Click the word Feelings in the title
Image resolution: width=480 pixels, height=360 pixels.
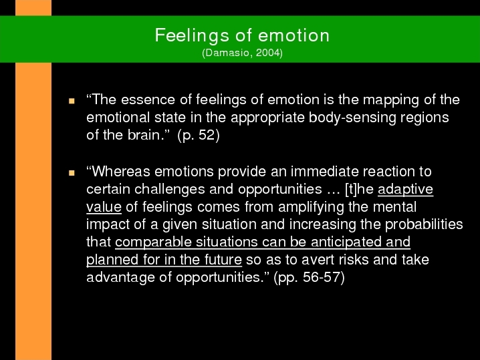[192, 36]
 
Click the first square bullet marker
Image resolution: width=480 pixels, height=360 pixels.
[72, 101]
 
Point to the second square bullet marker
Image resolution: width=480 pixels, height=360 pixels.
[72, 173]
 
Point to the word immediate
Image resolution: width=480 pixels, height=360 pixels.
[324, 171]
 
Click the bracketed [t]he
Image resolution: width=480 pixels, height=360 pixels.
[359, 190]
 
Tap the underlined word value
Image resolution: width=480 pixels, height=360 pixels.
[104, 207]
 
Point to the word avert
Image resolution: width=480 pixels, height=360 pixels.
[315, 260]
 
